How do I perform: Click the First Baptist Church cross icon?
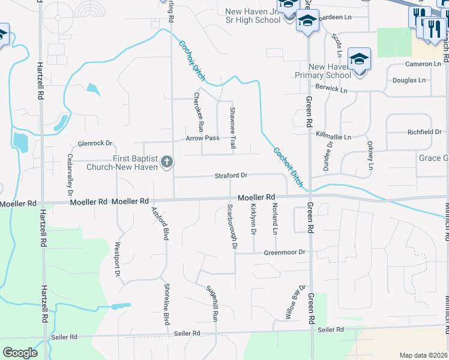[x=166, y=162]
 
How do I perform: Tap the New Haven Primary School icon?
[x=360, y=59]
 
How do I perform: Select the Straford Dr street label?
[x=231, y=176]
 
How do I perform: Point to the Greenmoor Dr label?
[x=285, y=253]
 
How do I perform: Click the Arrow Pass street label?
[x=202, y=138]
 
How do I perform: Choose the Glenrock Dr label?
[x=95, y=143]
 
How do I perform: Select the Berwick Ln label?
[x=331, y=89]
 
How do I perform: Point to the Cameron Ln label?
[x=423, y=64]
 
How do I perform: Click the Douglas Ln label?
[x=409, y=80]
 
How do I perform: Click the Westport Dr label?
[x=117, y=259]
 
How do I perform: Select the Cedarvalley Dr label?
[x=70, y=175]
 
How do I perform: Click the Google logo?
[x=20, y=352]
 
